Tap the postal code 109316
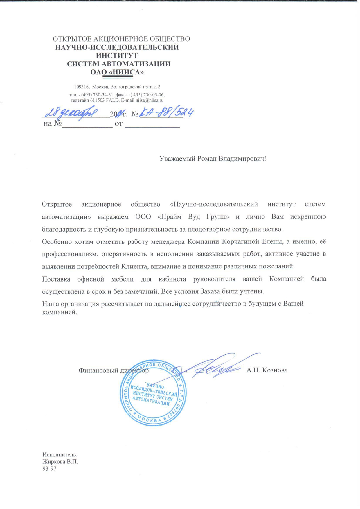[81, 87]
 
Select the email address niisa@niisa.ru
[150, 100]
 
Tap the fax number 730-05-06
[154, 95]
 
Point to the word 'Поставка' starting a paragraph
[56, 279]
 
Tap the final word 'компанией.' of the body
[60, 313]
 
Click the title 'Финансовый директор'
[114, 370]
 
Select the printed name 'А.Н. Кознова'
[267, 370]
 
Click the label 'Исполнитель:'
[60, 454]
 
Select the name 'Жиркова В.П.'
[60, 461]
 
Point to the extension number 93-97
[49, 468]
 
